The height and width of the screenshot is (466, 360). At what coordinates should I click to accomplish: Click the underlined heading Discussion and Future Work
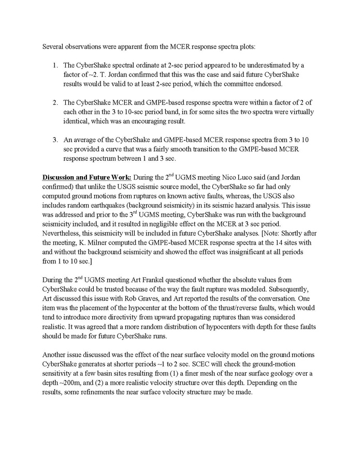87,177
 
